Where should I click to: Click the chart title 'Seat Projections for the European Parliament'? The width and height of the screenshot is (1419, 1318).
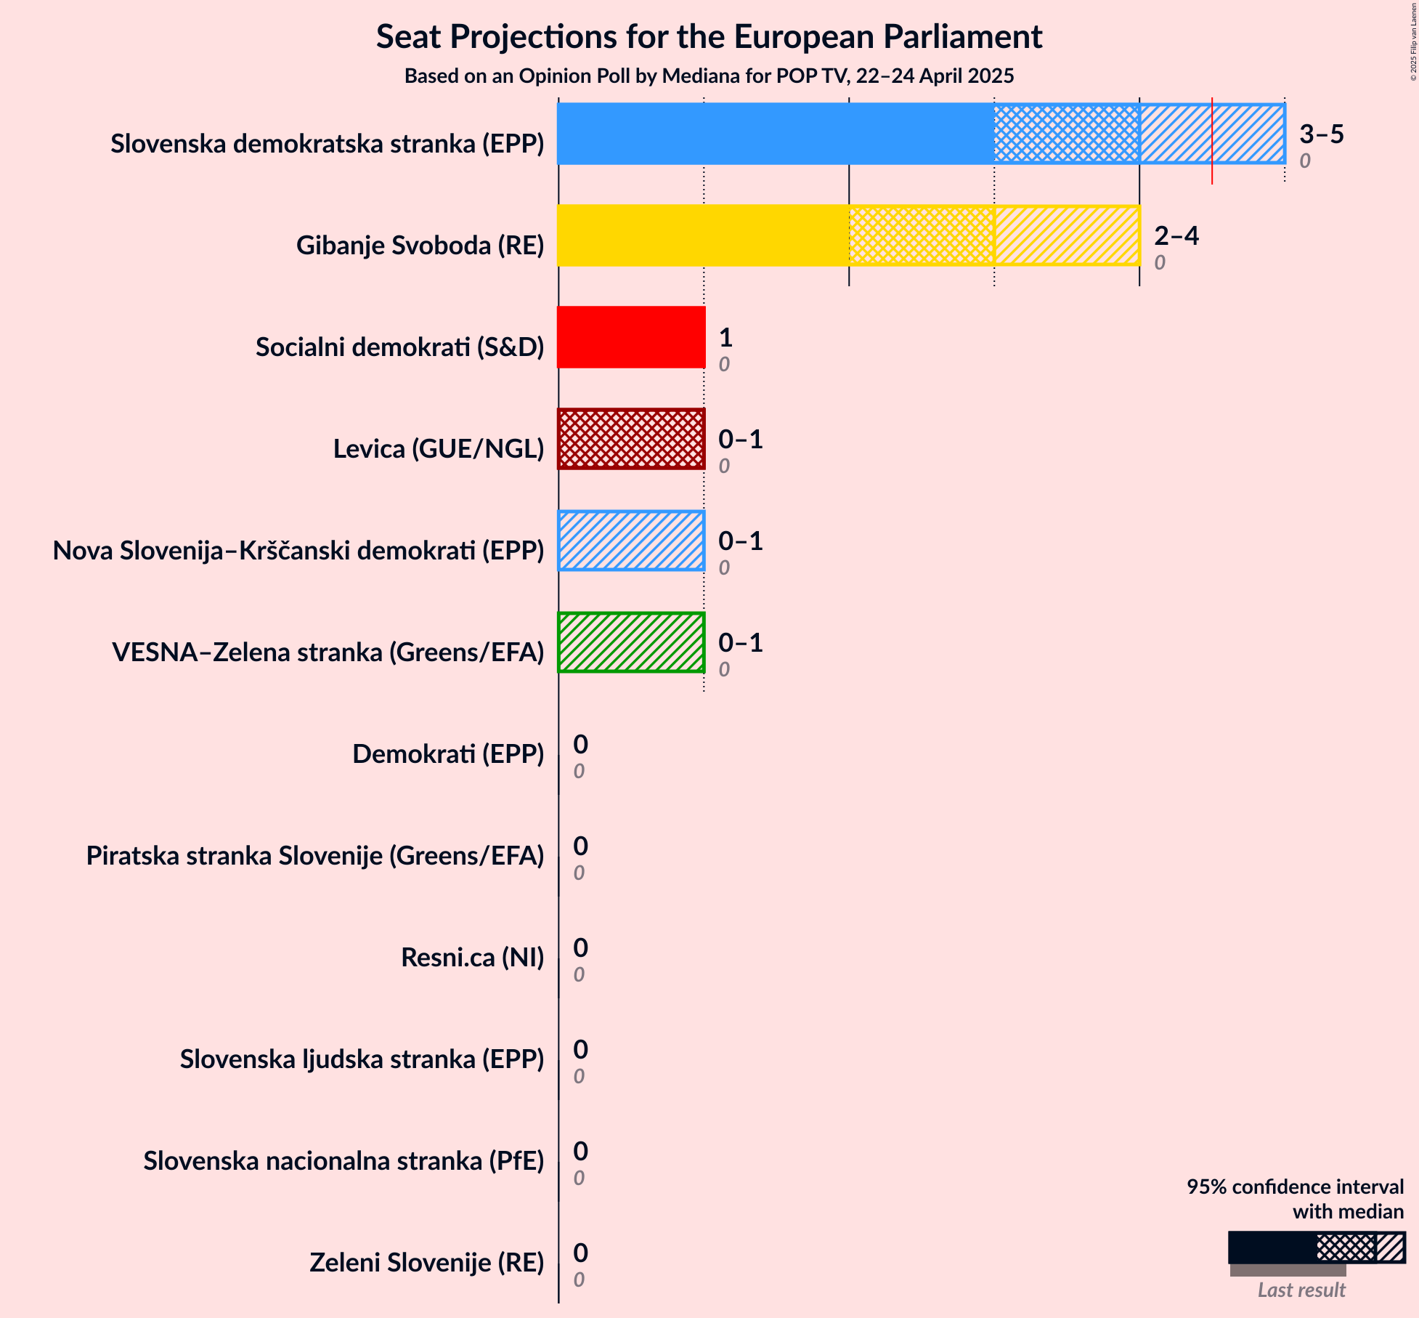(x=709, y=37)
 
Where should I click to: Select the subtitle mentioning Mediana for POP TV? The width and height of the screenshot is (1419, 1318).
(x=709, y=76)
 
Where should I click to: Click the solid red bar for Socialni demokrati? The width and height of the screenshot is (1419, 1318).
(x=631, y=337)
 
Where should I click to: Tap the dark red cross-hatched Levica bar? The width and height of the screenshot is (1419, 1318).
(x=631, y=439)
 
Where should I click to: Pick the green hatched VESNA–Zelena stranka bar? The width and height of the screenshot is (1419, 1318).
(x=631, y=642)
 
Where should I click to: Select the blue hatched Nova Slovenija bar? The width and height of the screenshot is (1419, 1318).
(x=631, y=541)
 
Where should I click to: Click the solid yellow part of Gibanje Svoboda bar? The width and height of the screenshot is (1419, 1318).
(x=703, y=235)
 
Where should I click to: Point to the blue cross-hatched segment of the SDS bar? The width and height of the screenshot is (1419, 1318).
(x=1066, y=134)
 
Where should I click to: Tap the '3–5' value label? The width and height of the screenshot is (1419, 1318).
(x=1322, y=134)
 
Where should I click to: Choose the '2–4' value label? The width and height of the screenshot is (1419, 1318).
(x=1176, y=236)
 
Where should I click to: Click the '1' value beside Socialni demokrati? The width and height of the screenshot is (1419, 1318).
(x=725, y=338)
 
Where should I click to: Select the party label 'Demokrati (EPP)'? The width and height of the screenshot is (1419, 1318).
(x=448, y=754)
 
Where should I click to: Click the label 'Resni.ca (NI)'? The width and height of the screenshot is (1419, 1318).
(x=472, y=958)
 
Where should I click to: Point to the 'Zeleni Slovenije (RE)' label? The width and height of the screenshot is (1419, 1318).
(x=426, y=1263)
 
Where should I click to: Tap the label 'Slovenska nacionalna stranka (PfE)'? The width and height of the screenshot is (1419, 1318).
(x=343, y=1161)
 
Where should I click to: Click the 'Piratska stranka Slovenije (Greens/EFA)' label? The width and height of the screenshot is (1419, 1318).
(x=315, y=856)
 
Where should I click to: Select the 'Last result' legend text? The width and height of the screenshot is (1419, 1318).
(x=1301, y=1290)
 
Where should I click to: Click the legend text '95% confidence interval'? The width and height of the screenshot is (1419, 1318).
(x=1295, y=1187)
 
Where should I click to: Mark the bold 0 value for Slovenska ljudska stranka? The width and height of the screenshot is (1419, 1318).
(x=580, y=1050)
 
